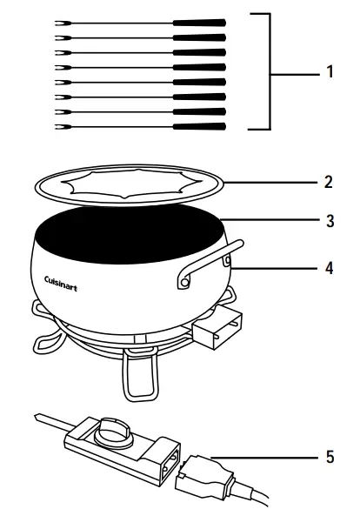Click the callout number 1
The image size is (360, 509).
(330, 73)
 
